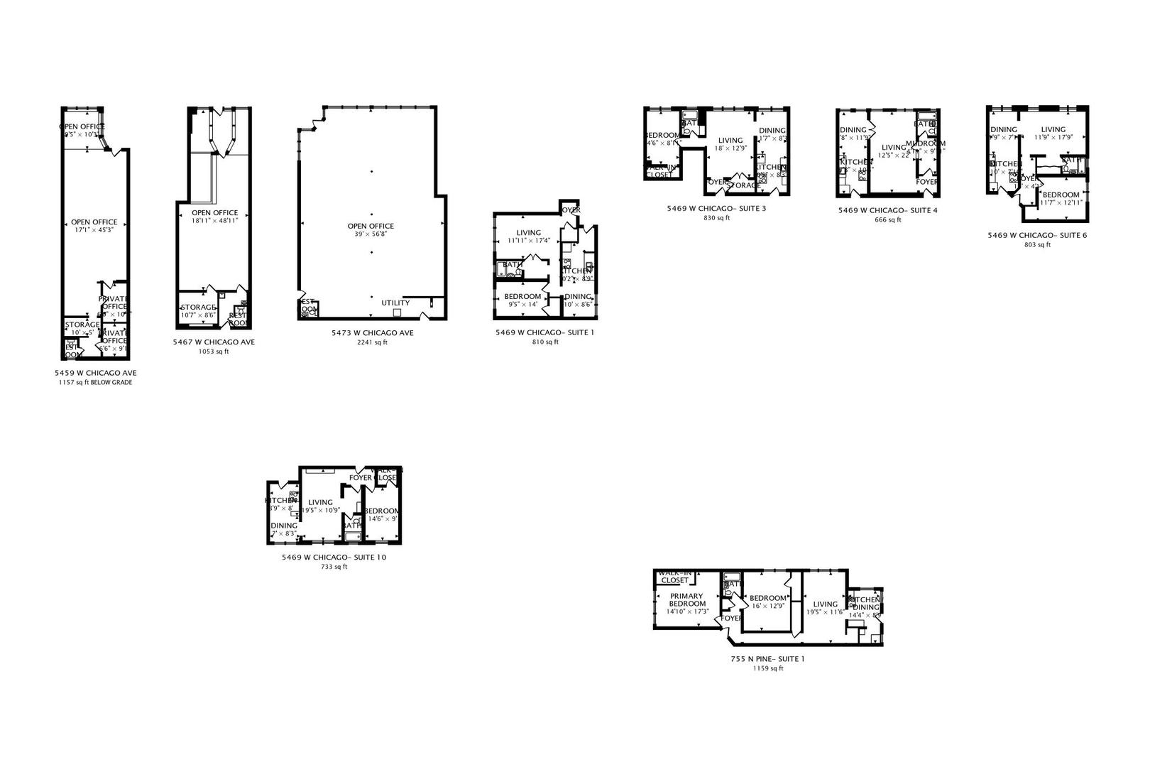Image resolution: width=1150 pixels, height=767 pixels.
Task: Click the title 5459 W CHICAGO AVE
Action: coord(96,373)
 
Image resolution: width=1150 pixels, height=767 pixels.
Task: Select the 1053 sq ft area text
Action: coord(213,352)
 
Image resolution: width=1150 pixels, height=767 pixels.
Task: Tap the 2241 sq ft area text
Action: coord(372,342)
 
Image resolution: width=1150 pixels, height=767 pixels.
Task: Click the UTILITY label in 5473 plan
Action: coord(395,303)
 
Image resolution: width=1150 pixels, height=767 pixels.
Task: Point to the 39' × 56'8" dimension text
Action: coord(371,235)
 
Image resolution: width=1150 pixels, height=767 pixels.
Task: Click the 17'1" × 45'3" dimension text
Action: coord(94,230)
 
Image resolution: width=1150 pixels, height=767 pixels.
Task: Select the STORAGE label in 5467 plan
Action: coord(198,308)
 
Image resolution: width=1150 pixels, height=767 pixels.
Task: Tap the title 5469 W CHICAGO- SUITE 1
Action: coord(545,332)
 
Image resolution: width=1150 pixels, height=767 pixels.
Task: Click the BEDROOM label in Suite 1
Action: coord(522,297)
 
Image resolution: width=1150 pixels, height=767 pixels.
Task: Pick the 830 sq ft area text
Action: coord(716,218)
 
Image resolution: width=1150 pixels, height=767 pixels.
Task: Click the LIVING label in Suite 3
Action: coord(730,141)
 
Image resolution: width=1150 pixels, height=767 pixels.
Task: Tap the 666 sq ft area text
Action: coord(888,220)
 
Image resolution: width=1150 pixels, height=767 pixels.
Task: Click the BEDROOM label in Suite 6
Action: coord(1061,195)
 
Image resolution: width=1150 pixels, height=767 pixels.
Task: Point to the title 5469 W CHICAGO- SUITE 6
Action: coord(1037,235)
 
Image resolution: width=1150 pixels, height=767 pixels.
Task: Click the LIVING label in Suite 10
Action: coord(320,503)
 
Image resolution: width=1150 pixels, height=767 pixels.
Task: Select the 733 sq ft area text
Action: coord(334,567)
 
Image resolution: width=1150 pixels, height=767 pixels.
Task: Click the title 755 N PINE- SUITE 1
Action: coord(767,659)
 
